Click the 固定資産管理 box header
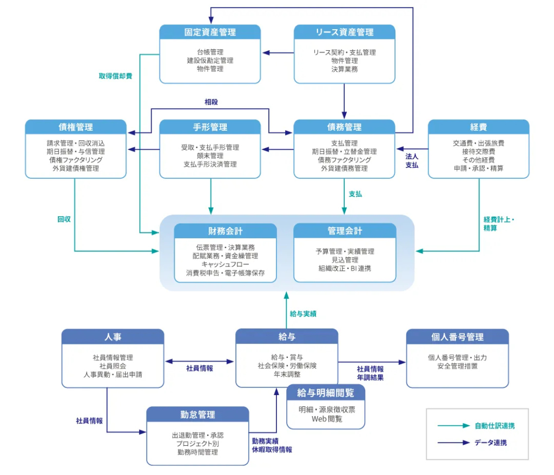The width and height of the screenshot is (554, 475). coord(210,32)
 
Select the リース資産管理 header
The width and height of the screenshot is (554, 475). coord(344,32)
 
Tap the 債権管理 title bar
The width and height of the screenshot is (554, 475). coord(76,127)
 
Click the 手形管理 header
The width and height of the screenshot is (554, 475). coord(210,127)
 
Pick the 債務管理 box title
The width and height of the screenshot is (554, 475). coord(344,127)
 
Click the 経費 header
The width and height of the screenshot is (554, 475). coord(478,127)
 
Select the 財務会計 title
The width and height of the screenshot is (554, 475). coord(225,231)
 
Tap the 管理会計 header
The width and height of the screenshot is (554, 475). coord(345,231)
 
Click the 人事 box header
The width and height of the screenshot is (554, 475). coord(113,337)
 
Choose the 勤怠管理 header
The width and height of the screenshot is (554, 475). coord(197,414)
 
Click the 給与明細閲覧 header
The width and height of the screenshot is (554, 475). coord(326,392)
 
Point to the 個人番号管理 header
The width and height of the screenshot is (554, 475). coord(457,337)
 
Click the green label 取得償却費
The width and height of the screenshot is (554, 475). coord(115,76)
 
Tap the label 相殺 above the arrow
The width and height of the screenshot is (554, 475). coord(211,102)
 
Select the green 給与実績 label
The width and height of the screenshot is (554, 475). coord(303,313)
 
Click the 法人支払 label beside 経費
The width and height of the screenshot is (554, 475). coord(412,160)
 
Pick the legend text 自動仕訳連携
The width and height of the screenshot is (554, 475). coord(494,426)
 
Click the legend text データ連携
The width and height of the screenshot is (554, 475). coord(491,443)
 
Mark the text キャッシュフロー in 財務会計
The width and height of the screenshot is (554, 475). coord(225,264)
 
